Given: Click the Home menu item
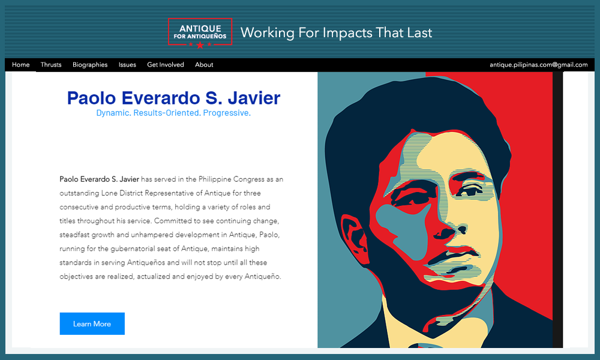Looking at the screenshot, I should point(21,65).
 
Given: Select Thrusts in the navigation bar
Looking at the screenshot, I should point(51,65).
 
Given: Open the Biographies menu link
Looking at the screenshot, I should point(90,65).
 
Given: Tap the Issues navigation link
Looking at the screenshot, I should point(127,65).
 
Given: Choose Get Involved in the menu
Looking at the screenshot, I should point(166,65).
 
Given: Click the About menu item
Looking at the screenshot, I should point(204,65).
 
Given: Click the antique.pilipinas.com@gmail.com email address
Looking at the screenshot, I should point(538,65).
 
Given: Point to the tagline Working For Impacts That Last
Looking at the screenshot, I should point(336,32).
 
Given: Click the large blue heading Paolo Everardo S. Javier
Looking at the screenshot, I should point(173,98).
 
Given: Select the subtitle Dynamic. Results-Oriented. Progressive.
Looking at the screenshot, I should point(173,113).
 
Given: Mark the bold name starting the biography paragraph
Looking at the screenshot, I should point(100,179).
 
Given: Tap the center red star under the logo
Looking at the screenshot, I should point(200,45).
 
